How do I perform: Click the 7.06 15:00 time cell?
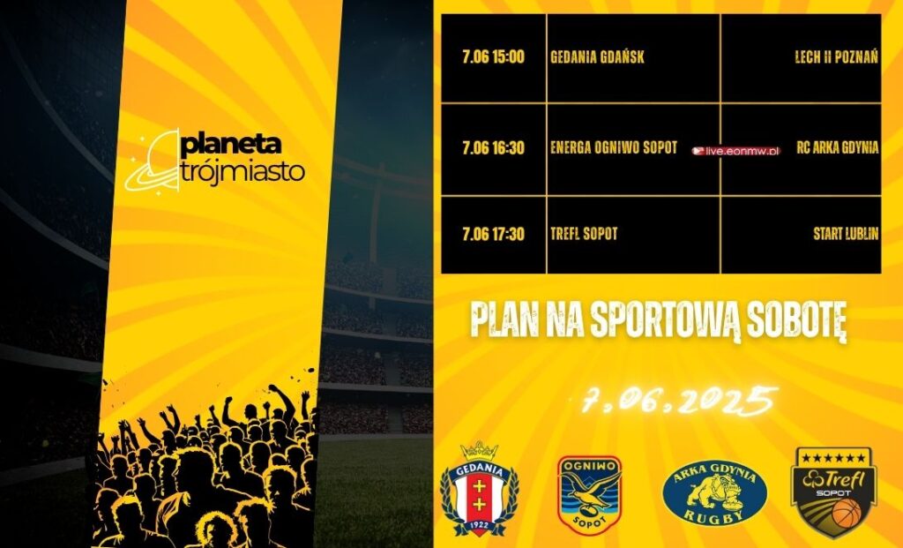pyautogui.click(x=493, y=57)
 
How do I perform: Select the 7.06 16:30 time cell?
pyautogui.click(x=493, y=148)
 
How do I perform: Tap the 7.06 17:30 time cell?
pyautogui.click(x=493, y=234)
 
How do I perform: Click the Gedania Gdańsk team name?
pyautogui.click(x=597, y=57)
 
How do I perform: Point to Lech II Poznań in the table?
pyautogui.click(x=836, y=57)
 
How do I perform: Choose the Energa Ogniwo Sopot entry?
pyautogui.click(x=614, y=147)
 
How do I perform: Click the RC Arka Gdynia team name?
pyautogui.click(x=838, y=147)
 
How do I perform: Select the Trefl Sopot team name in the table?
pyautogui.click(x=584, y=233)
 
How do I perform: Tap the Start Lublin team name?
pyautogui.click(x=846, y=233)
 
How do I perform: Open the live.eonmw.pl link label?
pyautogui.click(x=736, y=152)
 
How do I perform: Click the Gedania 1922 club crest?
pyautogui.click(x=479, y=489)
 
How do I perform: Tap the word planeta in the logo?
pyautogui.click(x=232, y=145)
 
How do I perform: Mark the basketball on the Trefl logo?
pyautogui.click(x=846, y=513)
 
